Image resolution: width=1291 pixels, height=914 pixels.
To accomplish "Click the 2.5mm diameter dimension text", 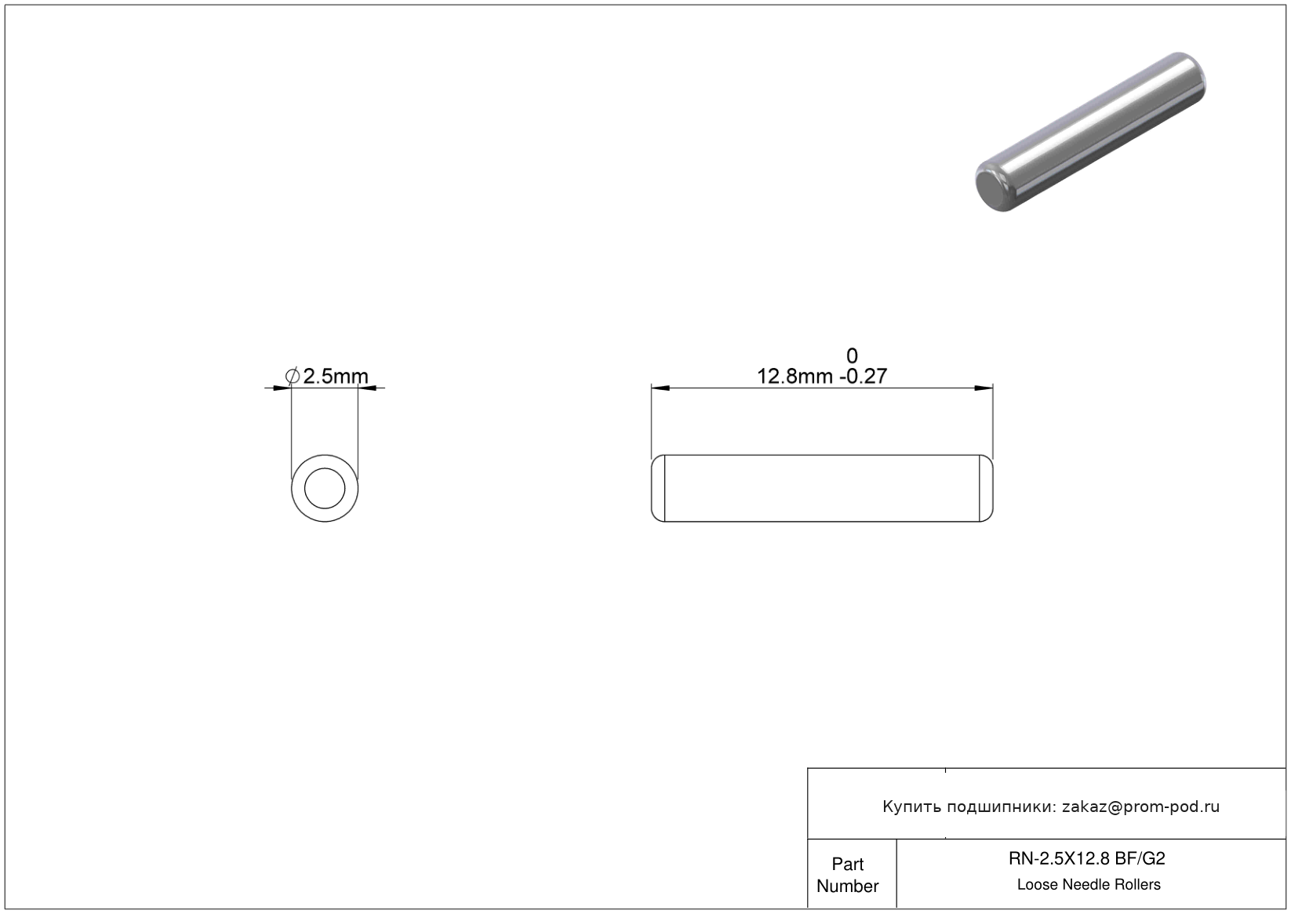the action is click(335, 377).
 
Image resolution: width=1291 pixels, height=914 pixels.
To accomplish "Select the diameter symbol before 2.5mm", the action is click(293, 376).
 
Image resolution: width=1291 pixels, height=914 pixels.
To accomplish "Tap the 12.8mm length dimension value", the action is click(795, 377).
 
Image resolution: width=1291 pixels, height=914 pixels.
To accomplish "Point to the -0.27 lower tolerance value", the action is click(864, 377).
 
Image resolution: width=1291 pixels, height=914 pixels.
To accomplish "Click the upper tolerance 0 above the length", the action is click(852, 355).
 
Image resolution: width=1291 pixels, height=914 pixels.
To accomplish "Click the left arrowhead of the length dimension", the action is click(660, 388).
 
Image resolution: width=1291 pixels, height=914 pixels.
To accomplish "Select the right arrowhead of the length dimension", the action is click(984, 388).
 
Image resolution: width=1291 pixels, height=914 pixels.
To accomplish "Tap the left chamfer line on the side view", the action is click(664, 489).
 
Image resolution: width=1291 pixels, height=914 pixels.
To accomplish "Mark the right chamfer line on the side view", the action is click(980, 489).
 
